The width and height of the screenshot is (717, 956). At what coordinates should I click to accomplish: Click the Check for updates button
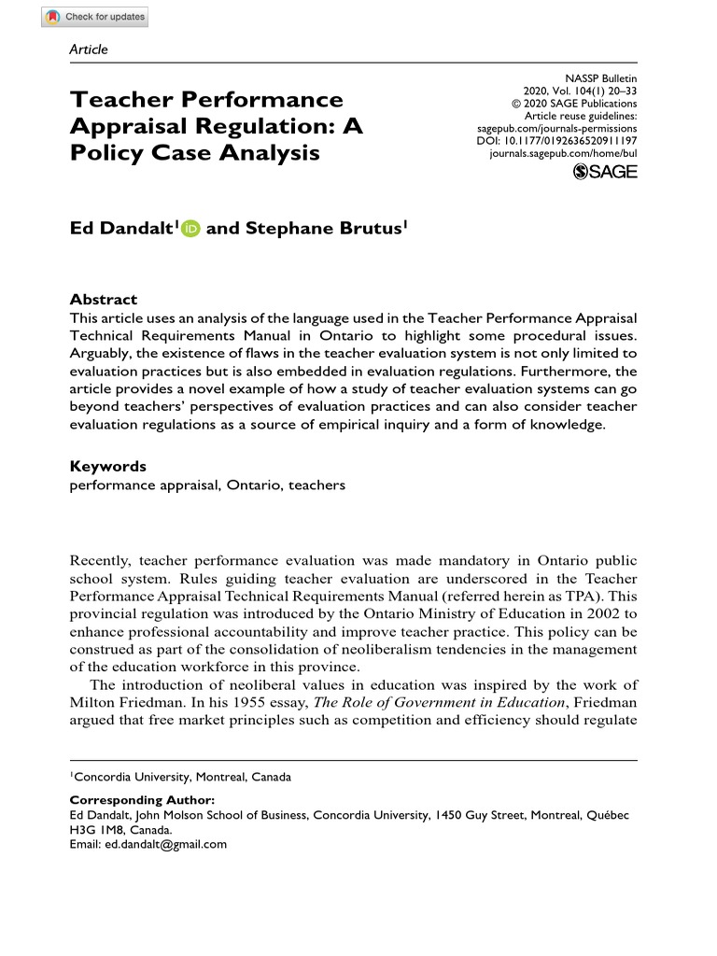(95, 17)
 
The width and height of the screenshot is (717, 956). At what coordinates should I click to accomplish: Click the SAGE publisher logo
(604, 171)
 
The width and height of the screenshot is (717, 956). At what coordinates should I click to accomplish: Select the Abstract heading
(104, 300)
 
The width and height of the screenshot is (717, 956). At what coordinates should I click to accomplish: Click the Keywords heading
(108, 466)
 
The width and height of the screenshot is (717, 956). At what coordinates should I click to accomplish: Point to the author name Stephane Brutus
(324, 229)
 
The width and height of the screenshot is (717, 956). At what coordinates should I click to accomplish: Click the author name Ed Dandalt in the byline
(121, 229)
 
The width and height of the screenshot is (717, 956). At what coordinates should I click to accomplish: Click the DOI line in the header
(556, 139)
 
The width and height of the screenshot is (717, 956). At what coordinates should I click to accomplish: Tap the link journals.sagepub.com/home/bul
(563, 152)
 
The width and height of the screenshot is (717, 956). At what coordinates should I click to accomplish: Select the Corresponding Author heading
(142, 800)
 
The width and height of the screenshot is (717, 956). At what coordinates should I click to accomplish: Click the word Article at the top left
(90, 49)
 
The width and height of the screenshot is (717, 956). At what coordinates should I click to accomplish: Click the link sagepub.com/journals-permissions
(556, 127)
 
